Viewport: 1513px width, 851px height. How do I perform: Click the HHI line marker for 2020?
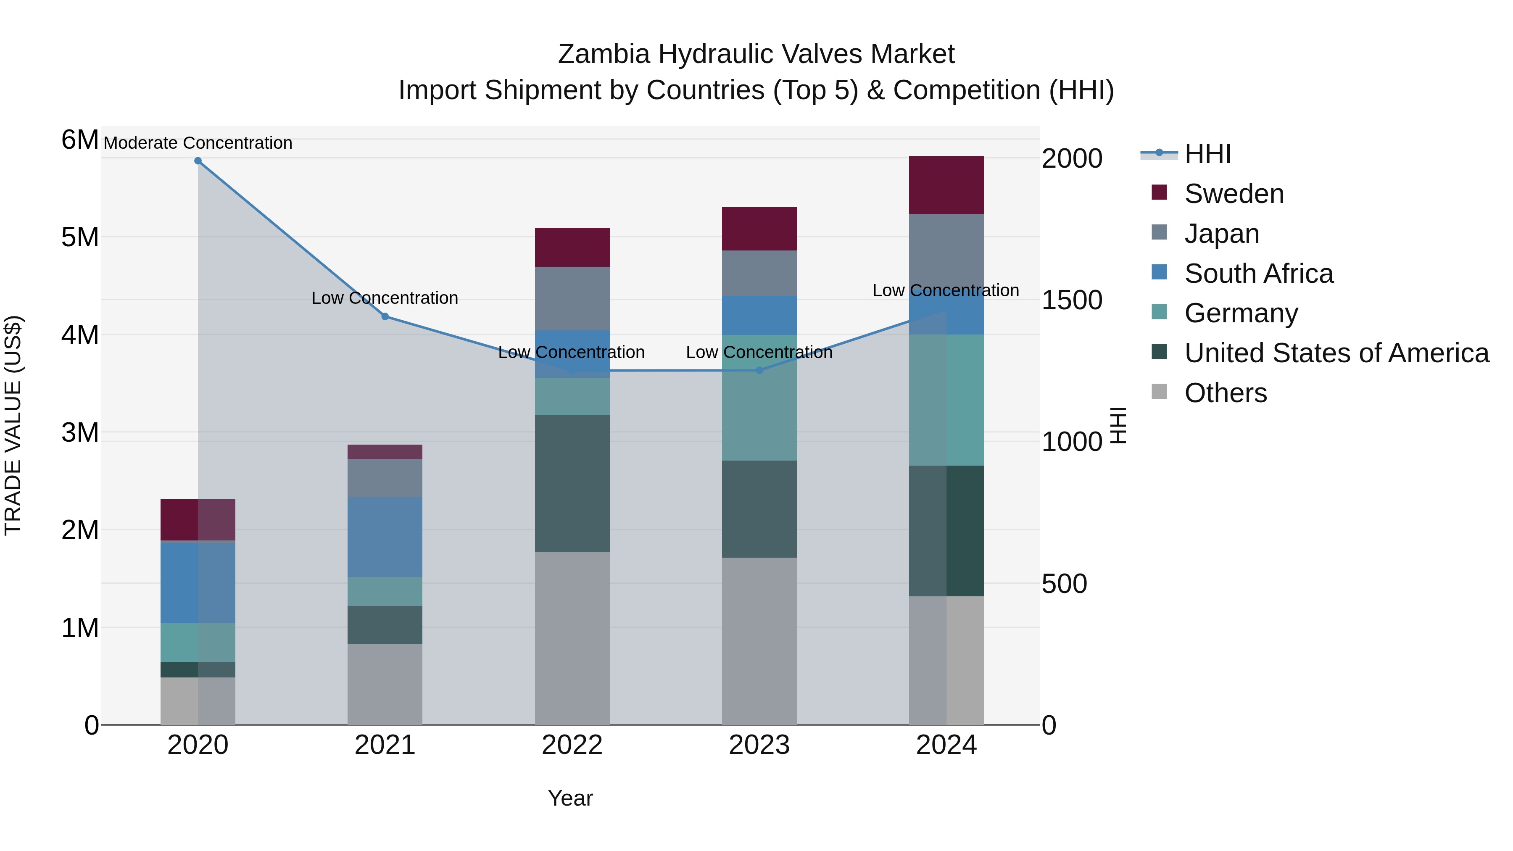198,161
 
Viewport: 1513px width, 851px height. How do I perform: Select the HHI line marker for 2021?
385,316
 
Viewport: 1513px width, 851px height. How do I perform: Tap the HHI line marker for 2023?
759,371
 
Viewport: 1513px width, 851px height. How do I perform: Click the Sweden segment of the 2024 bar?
946,185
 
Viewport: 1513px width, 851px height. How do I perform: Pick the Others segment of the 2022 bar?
572,638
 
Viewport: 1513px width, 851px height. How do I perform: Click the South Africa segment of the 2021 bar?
385,537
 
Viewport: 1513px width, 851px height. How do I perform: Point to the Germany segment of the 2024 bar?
946,400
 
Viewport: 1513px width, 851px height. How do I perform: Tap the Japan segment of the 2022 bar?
572,298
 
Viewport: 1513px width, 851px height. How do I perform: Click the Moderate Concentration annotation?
198,143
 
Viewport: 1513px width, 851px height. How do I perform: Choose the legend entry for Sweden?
1234,194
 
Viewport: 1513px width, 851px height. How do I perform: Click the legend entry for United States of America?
1336,353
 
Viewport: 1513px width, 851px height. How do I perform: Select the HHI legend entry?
1207,154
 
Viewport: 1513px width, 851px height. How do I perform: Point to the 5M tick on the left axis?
80,237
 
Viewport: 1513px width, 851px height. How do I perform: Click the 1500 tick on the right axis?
1071,300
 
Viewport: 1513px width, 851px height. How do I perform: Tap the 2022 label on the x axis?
572,745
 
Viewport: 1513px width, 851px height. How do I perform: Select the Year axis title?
570,798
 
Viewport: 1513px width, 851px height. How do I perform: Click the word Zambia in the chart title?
604,54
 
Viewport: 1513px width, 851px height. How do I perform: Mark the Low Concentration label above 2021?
385,298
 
